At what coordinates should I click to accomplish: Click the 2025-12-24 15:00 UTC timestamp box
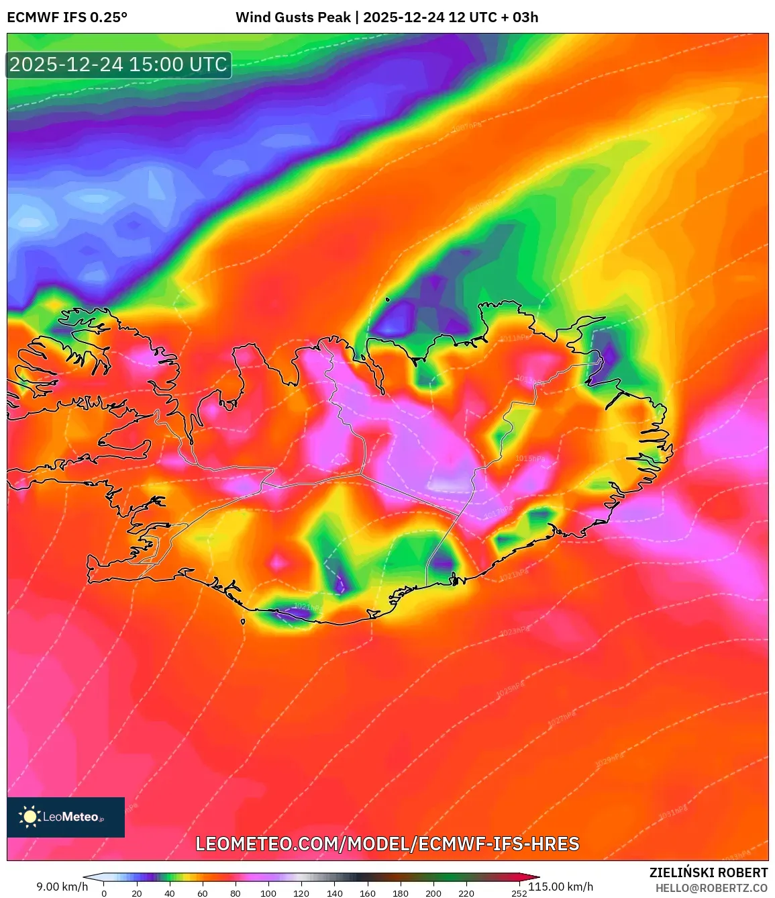119,64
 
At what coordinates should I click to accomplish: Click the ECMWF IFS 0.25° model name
67,17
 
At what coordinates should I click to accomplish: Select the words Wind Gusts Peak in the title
293,17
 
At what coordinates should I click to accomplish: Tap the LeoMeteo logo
66,817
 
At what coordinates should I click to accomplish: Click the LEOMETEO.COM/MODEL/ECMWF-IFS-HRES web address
387,844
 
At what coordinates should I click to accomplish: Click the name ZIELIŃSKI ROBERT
708,872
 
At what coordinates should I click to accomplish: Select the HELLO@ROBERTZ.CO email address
711,888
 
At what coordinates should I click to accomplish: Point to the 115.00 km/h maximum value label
561,887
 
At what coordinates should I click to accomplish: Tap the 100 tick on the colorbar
268,893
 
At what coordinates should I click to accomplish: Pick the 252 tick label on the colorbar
519,893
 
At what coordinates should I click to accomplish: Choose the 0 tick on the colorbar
104,893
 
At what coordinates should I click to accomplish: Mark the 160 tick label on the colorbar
368,893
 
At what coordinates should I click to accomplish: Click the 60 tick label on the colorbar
203,893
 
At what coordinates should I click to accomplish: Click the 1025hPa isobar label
509,689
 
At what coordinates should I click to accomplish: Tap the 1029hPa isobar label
610,760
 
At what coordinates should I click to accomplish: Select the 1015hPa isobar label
530,459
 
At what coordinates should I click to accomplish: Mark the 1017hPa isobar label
498,512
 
